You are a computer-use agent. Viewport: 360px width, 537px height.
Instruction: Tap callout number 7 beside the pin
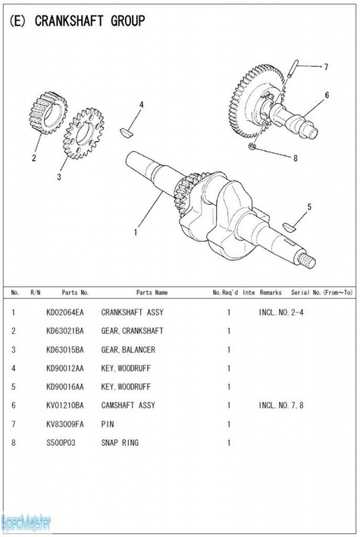pyautogui.click(x=326, y=67)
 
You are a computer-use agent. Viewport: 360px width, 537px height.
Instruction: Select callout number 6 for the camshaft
pyautogui.click(x=327, y=96)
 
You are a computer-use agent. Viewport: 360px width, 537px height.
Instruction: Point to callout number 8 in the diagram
pyautogui.click(x=295, y=159)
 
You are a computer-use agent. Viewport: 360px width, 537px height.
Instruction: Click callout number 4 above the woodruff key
pyautogui.click(x=141, y=104)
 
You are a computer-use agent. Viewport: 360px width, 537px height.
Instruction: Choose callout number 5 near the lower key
pyautogui.click(x=308, y=206)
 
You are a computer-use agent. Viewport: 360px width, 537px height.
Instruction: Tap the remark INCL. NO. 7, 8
pyautogui.click(x=281, y=406)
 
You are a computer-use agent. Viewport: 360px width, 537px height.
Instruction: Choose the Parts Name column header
pyautogui.click(x=152, y=292)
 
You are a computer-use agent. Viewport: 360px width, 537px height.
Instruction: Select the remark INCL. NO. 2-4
pyautogui.click(x=281, y=312)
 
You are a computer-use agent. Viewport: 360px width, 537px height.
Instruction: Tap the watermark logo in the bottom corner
pyautogui.click(x=27, y=522)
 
